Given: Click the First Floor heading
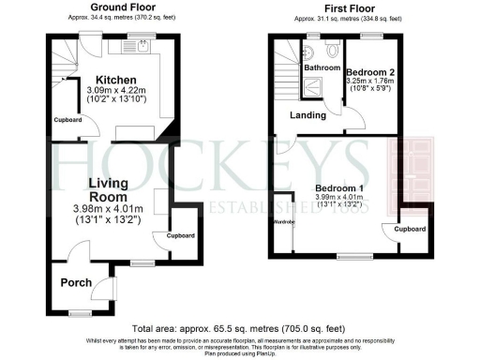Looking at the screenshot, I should (349, 7).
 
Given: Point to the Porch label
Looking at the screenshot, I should (76, 283).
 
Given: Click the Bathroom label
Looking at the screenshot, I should (320, 67).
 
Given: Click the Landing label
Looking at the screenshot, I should (307, 115).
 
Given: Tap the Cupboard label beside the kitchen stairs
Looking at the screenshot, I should (67, 120).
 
